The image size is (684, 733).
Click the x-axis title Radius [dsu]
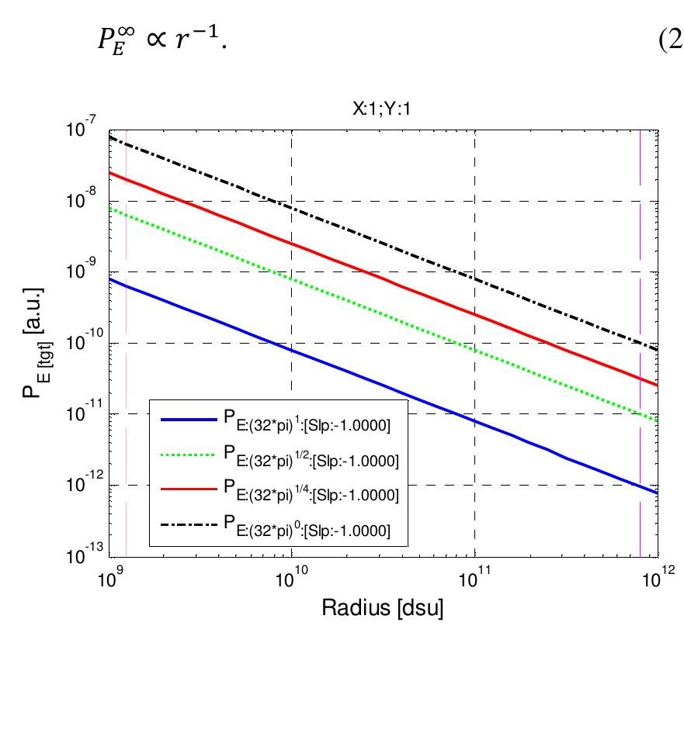383,608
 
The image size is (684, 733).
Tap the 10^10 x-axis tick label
291,577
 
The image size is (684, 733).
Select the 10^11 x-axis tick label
474,577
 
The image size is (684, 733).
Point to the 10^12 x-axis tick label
657,577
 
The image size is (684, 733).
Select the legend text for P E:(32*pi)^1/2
311,458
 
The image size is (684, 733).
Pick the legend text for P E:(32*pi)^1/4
311,493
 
